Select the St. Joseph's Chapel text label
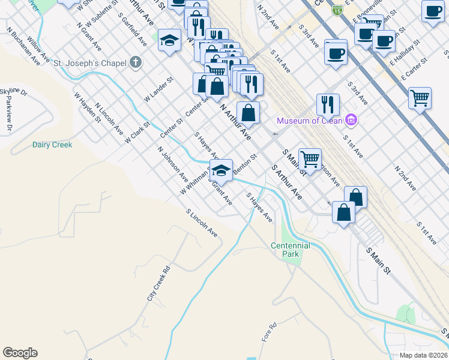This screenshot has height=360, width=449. pos(89,62)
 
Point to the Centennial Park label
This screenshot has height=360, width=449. pos(290,250)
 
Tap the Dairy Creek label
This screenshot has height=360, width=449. pos(52,145)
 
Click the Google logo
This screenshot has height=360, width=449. pos(20,353)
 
